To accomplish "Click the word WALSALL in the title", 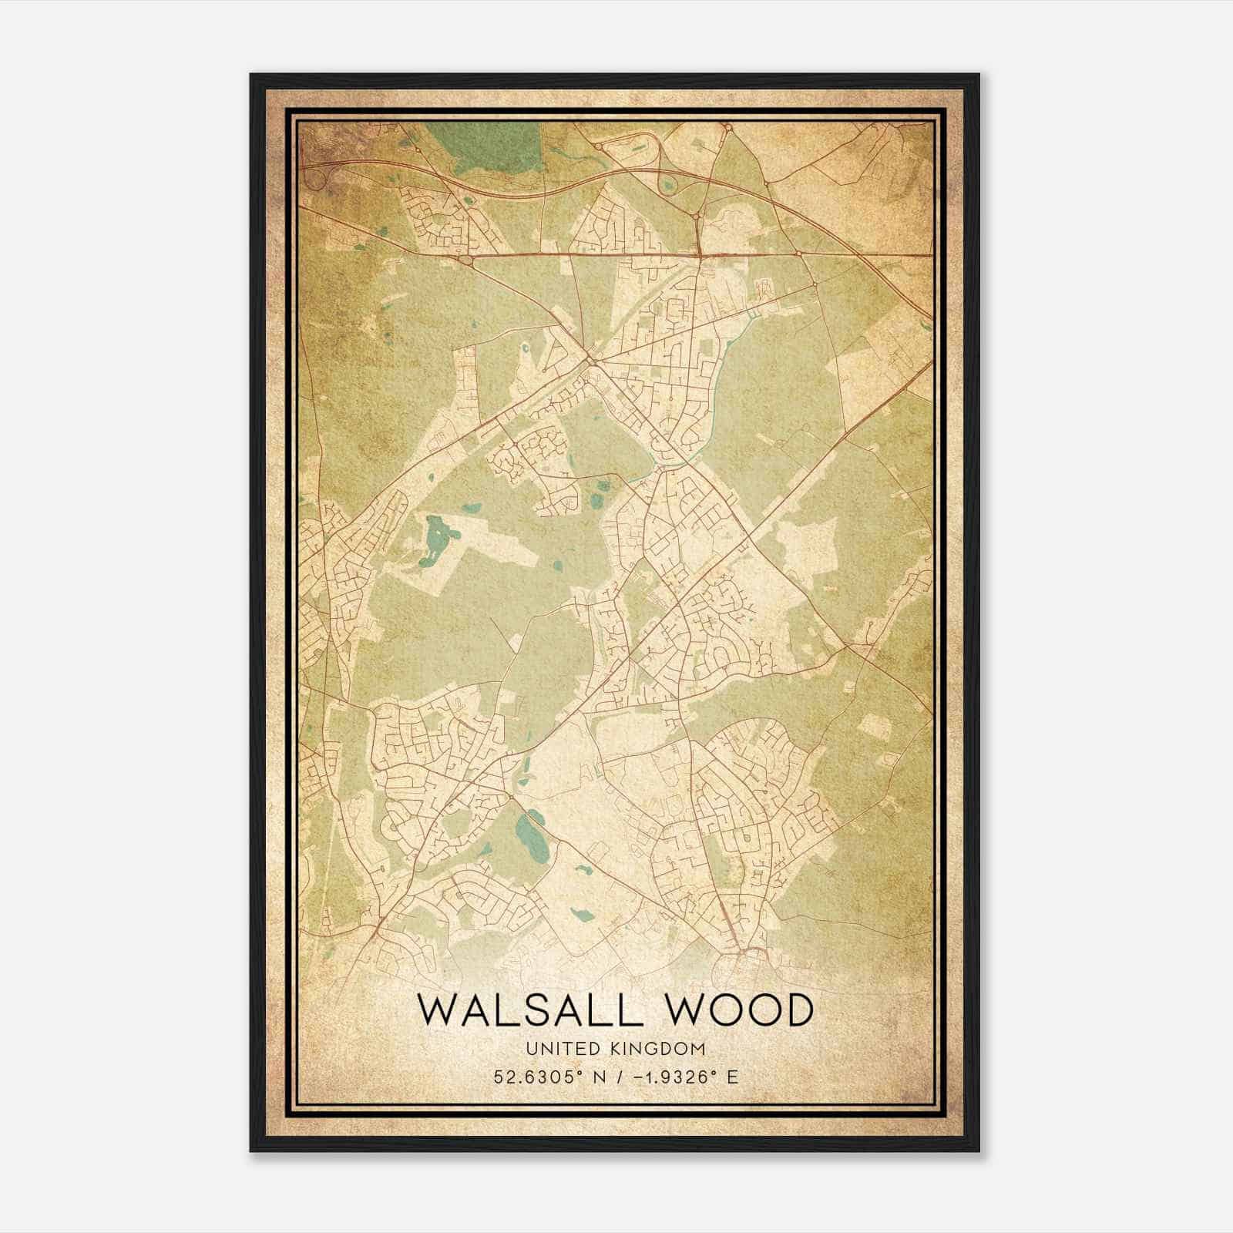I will pos(529,1010).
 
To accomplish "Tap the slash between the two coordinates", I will pos(615,1077).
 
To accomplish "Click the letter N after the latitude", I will pos(594,1077).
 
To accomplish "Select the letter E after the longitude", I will pos(732,1077).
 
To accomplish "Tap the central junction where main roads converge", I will pos(591,360).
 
